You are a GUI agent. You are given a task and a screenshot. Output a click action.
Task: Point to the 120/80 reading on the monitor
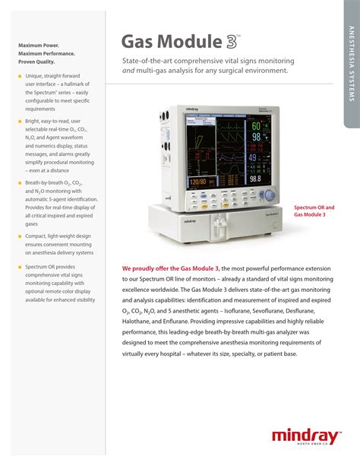(197, 182)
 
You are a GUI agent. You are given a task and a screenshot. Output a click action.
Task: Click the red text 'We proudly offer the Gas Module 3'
(171, 268)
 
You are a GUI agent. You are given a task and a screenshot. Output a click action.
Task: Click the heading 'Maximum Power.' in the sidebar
(39, 46)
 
